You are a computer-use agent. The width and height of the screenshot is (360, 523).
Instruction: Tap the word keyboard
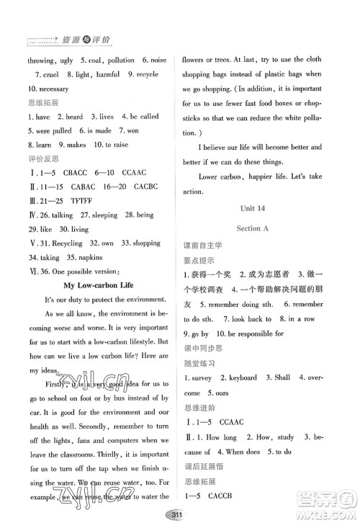point(262,393)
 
